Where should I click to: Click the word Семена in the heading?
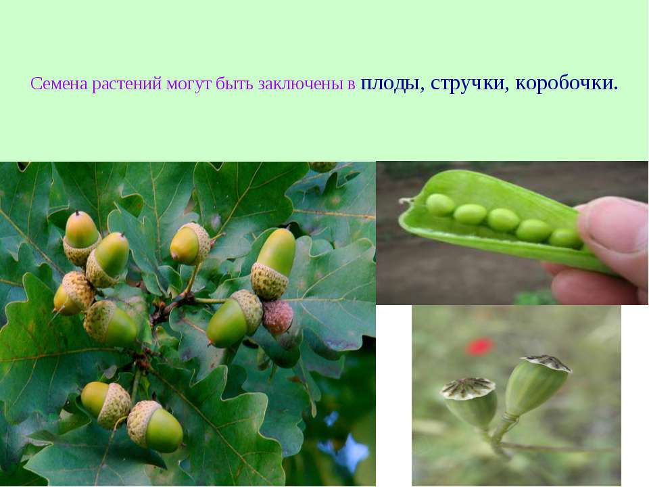59,84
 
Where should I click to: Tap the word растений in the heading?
126,85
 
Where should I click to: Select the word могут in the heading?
189,85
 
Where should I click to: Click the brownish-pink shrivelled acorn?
278,317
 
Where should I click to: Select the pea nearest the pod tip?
440,204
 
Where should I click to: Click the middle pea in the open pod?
503,219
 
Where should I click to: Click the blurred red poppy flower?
480,346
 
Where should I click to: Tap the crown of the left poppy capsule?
468,388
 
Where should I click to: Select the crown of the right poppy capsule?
547,363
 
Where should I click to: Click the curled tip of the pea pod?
405,202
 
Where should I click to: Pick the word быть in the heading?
235,84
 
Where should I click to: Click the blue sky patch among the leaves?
347,449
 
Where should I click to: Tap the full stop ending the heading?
616,88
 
